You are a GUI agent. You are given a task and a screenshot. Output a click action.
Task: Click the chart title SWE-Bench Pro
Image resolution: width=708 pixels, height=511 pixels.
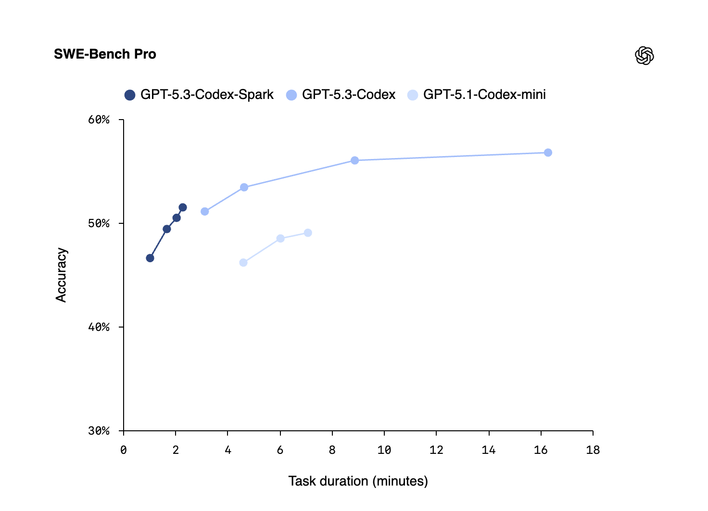105,54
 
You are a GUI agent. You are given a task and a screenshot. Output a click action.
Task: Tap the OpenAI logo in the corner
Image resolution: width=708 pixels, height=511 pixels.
645,56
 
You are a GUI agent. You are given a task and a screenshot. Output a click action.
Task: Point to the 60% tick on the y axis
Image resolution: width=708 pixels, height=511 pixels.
99,120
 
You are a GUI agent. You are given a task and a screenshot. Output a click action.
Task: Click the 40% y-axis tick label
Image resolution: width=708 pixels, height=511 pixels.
99,327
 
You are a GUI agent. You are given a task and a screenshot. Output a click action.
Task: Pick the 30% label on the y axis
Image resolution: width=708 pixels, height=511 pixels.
99,431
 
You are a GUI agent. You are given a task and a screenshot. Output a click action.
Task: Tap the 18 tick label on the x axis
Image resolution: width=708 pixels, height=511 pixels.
593,450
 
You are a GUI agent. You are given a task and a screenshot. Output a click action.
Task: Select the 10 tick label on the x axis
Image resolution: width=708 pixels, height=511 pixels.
384,450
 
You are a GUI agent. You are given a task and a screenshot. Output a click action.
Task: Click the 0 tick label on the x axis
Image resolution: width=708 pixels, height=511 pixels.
124,450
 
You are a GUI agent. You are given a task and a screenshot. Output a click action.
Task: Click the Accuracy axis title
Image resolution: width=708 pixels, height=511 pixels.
61,275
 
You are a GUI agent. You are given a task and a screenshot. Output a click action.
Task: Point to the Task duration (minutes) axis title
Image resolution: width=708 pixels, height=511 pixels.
358,481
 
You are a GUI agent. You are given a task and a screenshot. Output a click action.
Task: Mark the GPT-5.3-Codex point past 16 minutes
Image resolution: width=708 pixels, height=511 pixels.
548,153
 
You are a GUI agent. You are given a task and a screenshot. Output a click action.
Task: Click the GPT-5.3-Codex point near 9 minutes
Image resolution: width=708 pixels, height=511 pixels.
354,160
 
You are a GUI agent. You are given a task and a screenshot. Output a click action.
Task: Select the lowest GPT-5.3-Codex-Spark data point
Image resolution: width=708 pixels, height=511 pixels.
150,258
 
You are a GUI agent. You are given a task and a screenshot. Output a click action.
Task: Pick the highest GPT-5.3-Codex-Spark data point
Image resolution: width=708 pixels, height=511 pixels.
183,207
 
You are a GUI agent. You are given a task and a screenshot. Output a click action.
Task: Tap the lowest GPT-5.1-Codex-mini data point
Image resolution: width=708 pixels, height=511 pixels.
243,263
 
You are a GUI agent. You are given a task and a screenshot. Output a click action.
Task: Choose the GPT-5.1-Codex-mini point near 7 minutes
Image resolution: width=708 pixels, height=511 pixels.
308,233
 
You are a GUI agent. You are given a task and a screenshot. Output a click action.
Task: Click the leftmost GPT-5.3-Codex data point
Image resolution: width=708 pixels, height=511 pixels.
205,211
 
